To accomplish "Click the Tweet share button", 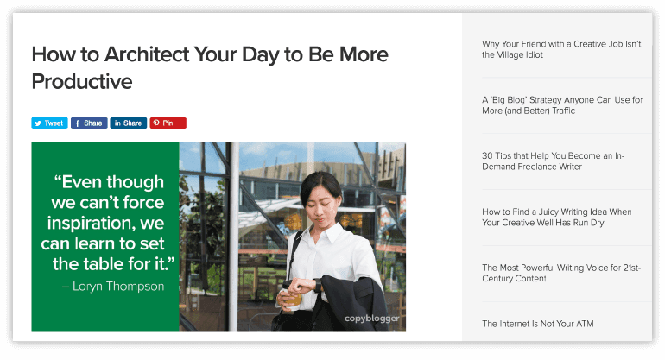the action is (49, 123).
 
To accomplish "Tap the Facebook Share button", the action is (89, 123).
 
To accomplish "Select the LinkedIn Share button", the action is (129, 123).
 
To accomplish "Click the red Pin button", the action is (168, 123).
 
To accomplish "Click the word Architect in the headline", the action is (147, 54).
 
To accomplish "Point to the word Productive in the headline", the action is (82, 81).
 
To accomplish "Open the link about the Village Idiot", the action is (561, 49).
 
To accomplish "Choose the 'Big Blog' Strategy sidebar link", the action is (562, 105).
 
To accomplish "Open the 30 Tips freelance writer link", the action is (553, 161).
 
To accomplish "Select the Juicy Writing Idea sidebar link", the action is (556, 217).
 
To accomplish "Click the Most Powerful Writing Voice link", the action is (561, 273).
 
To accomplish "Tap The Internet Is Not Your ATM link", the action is (538, 324).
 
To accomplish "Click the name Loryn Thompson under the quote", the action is (118, 287).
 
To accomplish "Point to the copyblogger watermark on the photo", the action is (371, 318).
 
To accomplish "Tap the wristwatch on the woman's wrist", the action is (317, 285).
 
